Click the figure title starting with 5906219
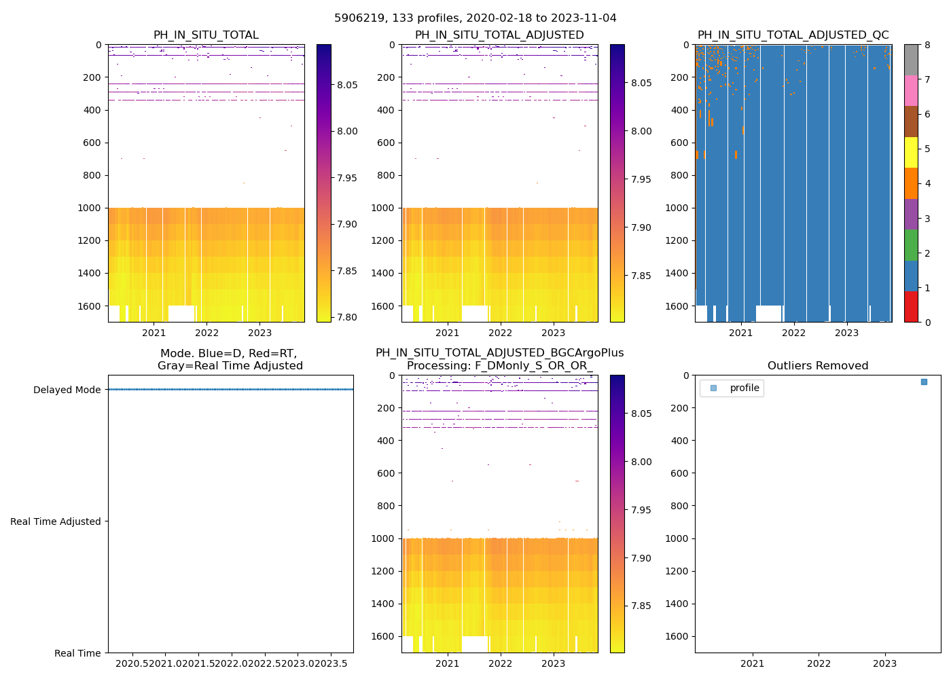tap(475, 18)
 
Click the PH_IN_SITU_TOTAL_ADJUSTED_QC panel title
tap(793, 35)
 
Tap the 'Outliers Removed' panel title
tap(817, 366)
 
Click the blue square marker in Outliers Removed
tap(924, 382)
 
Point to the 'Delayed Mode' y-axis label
tap(67, 390)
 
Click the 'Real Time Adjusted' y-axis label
tap(55, 521)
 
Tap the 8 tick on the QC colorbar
tap(926, 45)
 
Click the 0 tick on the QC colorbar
tap(926, 322)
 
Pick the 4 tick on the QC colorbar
tap(926, 183)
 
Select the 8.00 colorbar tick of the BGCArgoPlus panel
tap(641, 462)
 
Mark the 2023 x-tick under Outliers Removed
tap(884, 663)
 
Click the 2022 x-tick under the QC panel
tap(793, 333)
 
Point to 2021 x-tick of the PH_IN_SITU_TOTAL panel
tap(154, 333)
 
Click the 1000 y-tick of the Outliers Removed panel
tap(679, 538)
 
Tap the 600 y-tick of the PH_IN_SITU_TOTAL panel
tap(92, 143)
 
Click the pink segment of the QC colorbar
tap(911, 90)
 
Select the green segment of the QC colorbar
tap(911, 244)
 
